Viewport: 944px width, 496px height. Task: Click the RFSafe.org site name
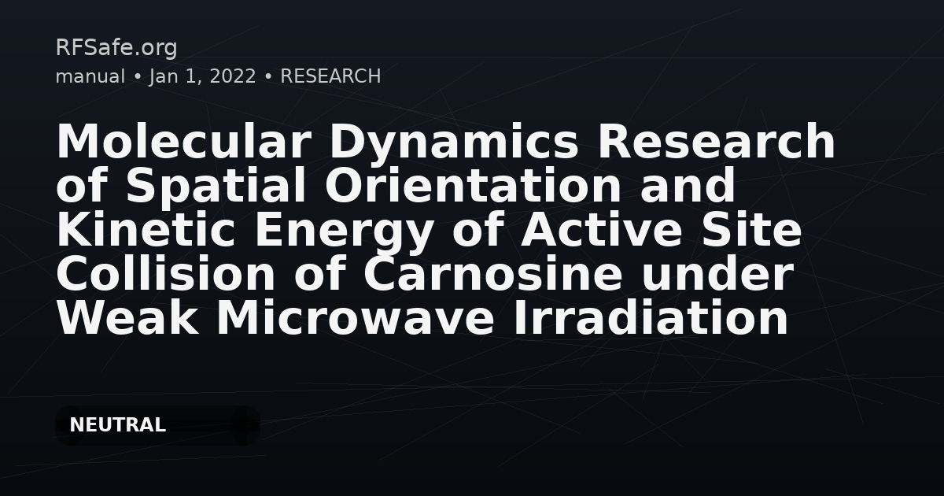(x=116, y=48)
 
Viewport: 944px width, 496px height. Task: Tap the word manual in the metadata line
(x=90, y=76)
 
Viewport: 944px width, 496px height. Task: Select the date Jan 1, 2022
(x=203, y=77)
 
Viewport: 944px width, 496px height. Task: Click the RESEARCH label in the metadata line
(x=330, y=76)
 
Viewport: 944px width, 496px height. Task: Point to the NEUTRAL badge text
(x=117, y=424)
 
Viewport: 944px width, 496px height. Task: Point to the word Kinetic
(x=146, y=228)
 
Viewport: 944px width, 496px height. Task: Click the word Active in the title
(x=601, y=228)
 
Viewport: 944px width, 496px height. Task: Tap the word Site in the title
(x=751, y=228)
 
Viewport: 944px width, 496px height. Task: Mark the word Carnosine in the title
(x=493, y=274)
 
